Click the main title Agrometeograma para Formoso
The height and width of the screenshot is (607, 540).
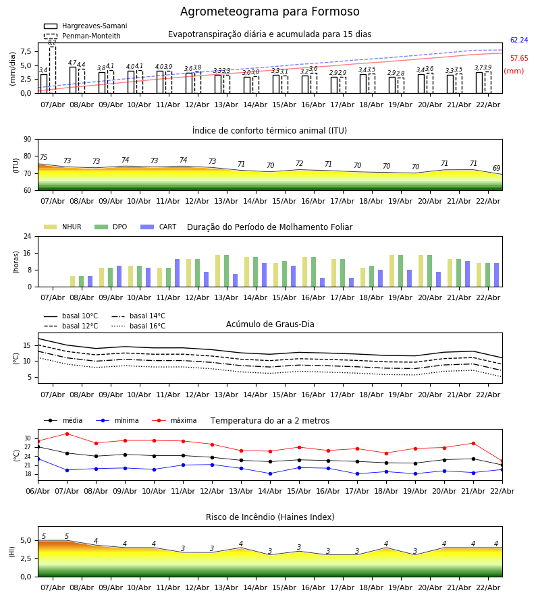point(269,12)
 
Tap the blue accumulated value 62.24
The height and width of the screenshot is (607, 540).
point(518,40)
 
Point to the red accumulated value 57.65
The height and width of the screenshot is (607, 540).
point(518,59)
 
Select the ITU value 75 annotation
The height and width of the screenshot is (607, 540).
point(44,158)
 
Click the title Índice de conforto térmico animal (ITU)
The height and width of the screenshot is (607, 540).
point(269,131)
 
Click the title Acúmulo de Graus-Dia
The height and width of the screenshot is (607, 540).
point(269,324)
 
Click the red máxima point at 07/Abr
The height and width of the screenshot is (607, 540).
point(67,434)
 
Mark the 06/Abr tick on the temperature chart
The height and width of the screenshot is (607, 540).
point(38,490)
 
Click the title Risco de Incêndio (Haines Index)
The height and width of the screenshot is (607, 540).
point(269,517)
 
